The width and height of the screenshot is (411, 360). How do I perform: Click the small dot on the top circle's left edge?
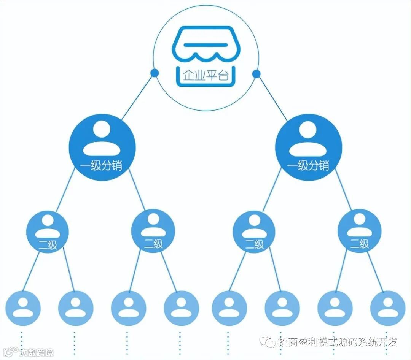[x=154, y=73]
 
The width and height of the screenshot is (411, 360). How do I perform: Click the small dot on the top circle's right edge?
[x=256, y=73]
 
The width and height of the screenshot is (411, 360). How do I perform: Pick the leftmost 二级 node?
[x=48, y=232]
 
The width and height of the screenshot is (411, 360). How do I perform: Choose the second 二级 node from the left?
[x=153, y=232]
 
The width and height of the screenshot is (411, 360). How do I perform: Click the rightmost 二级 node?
[x=359, y=232]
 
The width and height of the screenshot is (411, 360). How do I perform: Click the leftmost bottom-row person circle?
[x=23, y=308]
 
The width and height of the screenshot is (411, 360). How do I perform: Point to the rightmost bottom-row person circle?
[x=387, y=308]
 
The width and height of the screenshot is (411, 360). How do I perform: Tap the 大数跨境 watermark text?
[x=37, y=352]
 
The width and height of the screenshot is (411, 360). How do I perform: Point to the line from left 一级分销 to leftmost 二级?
[x=65, y=194]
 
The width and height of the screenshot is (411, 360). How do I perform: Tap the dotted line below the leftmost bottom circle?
[x=22, y=342]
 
